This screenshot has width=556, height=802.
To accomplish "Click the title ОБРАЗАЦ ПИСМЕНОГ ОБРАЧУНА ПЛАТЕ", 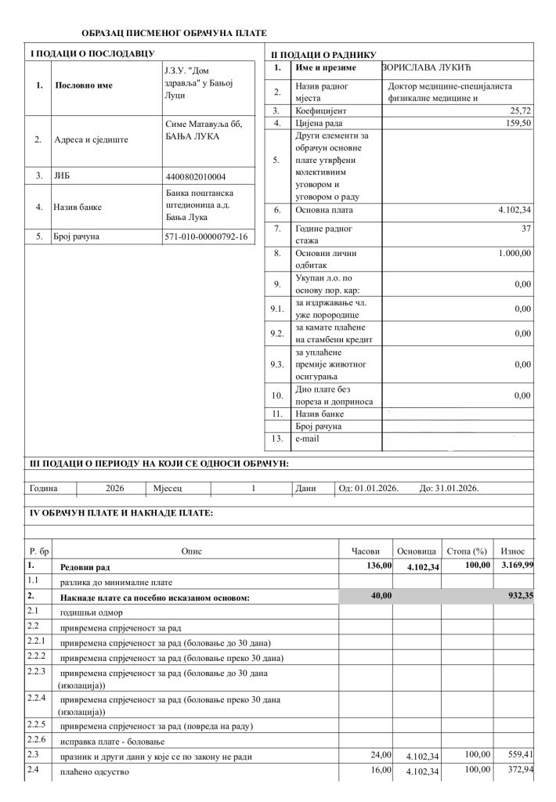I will [x=174, y=33].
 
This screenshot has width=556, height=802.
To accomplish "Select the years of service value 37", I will [x=525, y=228].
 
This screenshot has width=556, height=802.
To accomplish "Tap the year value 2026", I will [x=115, y=487].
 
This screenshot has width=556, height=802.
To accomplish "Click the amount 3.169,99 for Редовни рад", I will [x=518, y=565].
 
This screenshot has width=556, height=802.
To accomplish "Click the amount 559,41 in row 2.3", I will [x=520, y=755].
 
